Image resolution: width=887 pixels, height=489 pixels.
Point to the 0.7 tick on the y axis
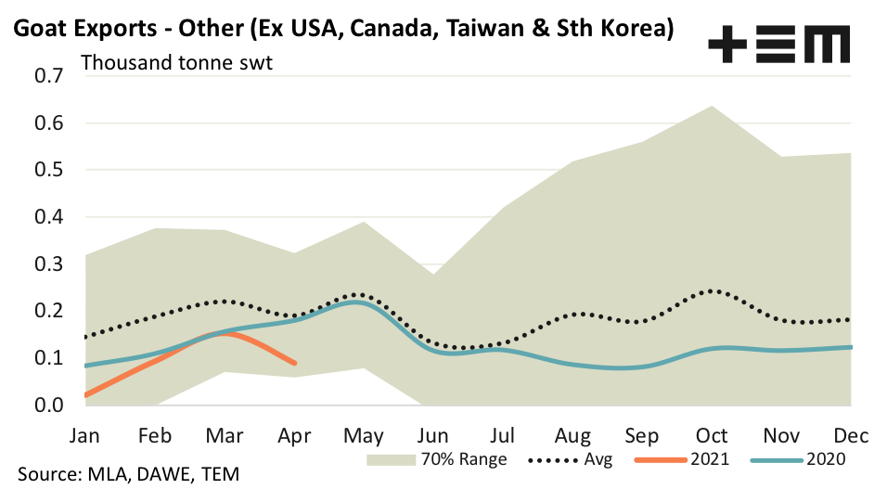[48, 75]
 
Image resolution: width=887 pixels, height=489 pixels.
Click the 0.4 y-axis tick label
[48, 217]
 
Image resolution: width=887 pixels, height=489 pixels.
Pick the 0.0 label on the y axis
[48, 405]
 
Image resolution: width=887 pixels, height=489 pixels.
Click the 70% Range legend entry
[436, 458]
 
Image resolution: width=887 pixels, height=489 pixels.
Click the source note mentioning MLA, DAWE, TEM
[121, 475]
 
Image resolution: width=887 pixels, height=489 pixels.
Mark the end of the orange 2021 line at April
[295, 363]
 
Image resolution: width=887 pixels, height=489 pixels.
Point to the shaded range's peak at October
[711, 106]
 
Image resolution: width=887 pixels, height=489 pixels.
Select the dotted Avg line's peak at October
[711, 290]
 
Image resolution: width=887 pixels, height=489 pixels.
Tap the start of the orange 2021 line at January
[85, 395]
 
